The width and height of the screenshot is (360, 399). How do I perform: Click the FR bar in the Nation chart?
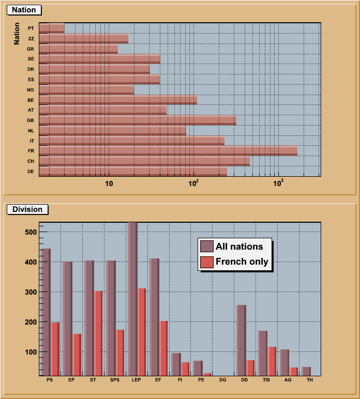pyautogui.click(x=168, y=151)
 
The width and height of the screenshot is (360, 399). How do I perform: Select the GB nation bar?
pyautogui.click(x=138, y=120)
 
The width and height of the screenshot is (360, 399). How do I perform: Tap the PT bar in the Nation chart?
pyautogui.click(x=52, y=28)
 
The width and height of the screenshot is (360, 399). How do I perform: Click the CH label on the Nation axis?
pyautogui.click(x=31, y=161)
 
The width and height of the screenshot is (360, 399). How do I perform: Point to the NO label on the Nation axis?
pyautogui.click(x=31, y=90)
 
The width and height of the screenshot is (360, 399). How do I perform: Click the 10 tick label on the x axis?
pyautogui.click(x=109, y=183)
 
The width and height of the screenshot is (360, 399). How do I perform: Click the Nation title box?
pyautogui.click(x=24, y=10)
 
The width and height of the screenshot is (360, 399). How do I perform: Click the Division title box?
pyautogui.click(x=27, y=209)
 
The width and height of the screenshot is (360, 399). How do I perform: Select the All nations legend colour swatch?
pyautogui.click(x=207, y=247)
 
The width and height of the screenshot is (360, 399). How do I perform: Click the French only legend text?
pyautogui.click(x=242, y=262)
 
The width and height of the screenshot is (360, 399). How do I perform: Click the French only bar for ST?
pyautogui.click(x=98, y=333)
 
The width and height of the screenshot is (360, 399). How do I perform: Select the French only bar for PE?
pyautogui.click(x=207, y=374)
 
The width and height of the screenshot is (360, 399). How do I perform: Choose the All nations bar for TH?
pyautogui.click(x=306, y=371)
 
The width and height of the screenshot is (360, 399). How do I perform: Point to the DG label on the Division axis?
pyautogui.click(x=222, y=380)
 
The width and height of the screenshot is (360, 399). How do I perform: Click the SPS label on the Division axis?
pyautogui.click(x=115, y=380)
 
